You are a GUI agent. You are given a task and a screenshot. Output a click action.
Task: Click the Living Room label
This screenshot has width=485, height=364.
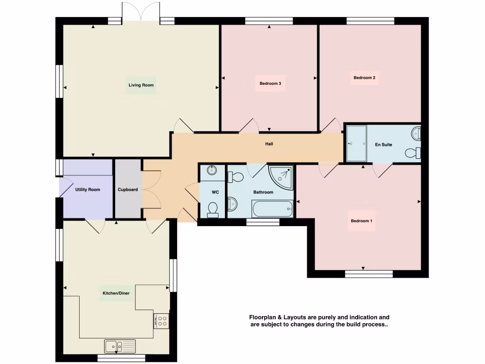(x=141, y=85)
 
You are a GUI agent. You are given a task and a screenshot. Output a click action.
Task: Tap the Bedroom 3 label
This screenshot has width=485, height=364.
(x=270, y=83)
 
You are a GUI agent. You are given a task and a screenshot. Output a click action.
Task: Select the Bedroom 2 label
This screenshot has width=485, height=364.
(x=364, y=78)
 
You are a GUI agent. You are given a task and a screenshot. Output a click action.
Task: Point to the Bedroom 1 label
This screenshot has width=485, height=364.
(x=362, y=221)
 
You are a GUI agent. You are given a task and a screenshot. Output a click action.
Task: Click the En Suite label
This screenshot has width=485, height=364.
(x=383, y=145)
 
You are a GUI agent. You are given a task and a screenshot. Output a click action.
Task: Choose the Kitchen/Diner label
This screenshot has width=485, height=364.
(x=116, y=293)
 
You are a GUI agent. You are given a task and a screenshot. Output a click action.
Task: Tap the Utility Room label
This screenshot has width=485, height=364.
(x=88, y=190)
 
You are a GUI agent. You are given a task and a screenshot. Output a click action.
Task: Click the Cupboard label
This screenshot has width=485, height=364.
(x=128, y=190)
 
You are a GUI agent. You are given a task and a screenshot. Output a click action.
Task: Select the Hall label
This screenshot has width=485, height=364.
(x=269, y=144)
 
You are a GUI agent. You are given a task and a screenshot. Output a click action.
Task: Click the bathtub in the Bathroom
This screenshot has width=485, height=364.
(x=272, y=208)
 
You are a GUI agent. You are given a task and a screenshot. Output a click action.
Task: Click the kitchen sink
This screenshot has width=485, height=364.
(x=120, y=346)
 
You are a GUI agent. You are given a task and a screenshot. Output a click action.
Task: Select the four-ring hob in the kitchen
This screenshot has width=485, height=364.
(x=162, y=321)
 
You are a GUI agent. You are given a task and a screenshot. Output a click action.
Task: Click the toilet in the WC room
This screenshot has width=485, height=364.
(x=213, y=209)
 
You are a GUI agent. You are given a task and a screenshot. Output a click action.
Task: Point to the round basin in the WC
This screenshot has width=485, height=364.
(x=212, y=171)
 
